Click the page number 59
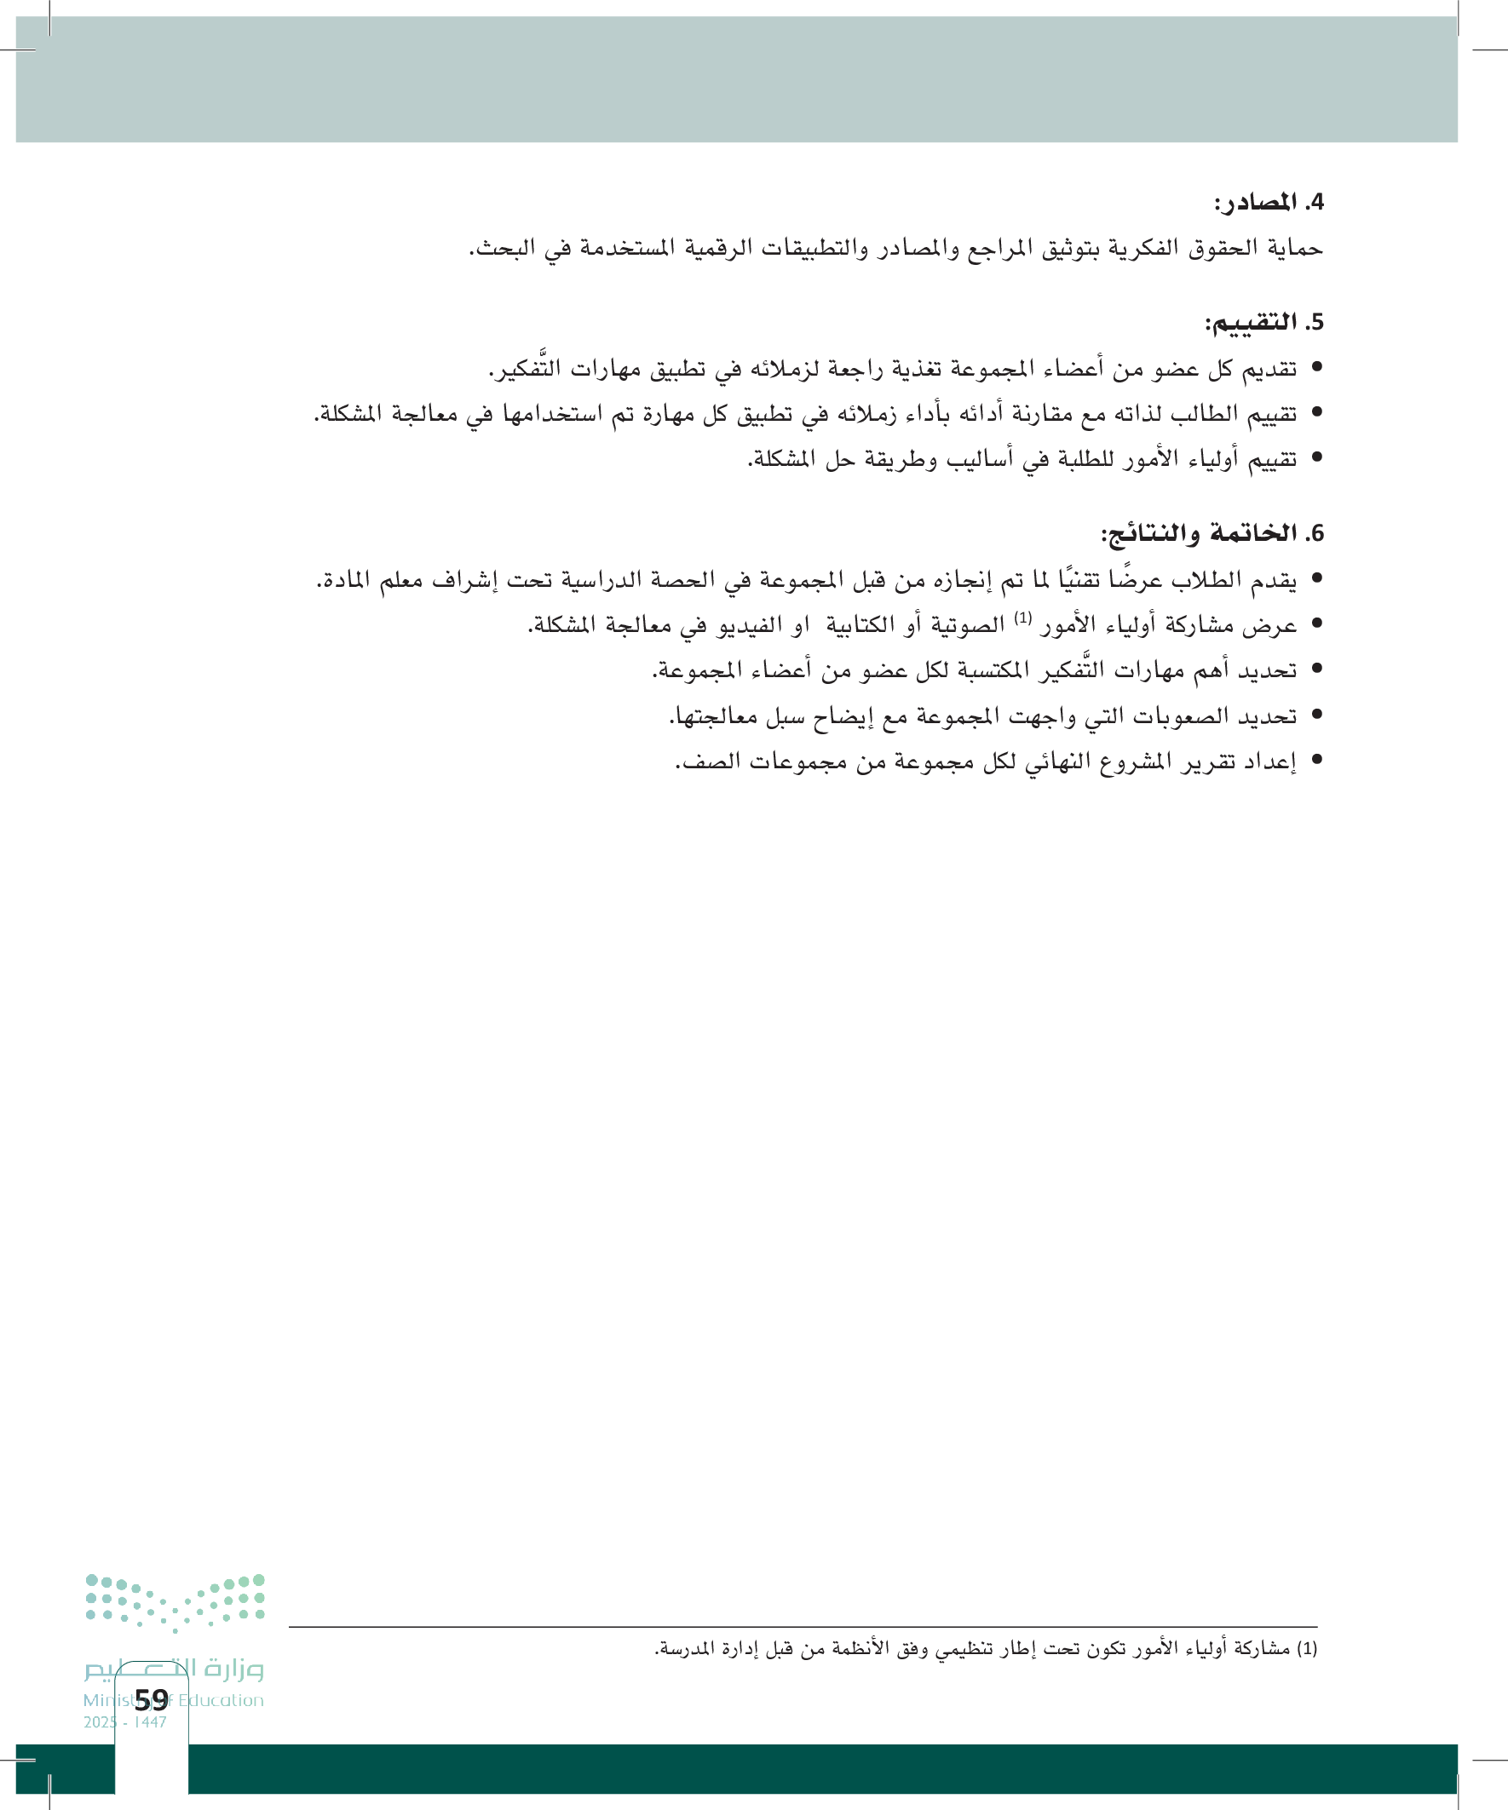pos(152,1699)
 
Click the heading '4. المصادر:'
pos(1269,203)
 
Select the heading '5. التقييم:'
pos(1263,322)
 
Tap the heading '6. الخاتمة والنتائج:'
pos(1212,533)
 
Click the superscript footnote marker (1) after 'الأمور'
pos(1022,618)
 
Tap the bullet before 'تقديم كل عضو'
pos(1315,368)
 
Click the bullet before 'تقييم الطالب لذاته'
pos(1315,414)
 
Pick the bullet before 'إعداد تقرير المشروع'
pos(1315,759)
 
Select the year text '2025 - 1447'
pos(125,1722)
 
